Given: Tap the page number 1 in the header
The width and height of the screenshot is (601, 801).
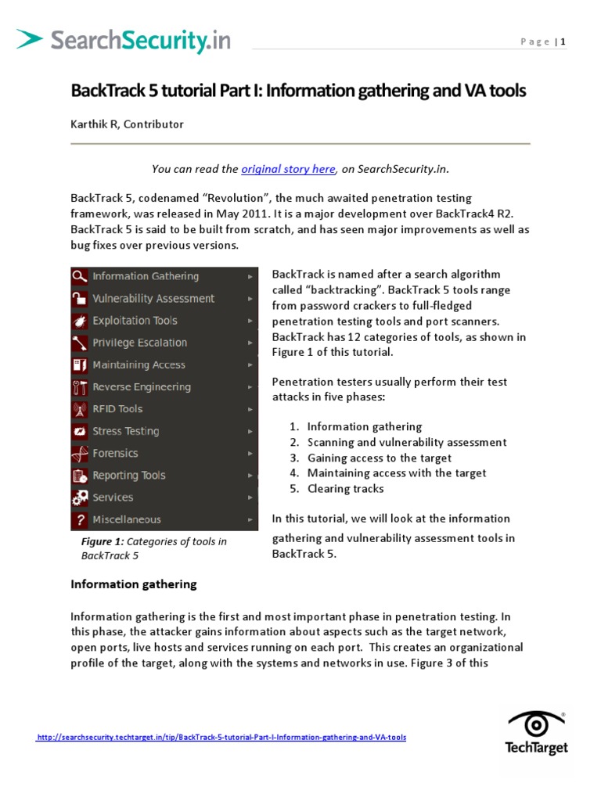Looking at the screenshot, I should [562, 42].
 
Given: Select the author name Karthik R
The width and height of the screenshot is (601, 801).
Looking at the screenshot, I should [95, 124].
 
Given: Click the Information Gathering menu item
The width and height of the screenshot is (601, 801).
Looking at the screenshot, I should [146, 276].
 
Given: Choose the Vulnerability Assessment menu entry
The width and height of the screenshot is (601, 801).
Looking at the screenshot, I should [153, 298].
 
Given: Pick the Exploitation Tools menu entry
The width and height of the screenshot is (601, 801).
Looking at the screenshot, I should [135, 321].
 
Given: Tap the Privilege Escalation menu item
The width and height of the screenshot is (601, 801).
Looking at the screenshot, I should [139, 343].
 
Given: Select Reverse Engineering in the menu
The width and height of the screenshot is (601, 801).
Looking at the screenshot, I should [141, 387].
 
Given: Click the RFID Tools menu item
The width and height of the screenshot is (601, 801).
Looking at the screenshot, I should [117, 409].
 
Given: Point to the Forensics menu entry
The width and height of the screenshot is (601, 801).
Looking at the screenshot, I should [115, 454].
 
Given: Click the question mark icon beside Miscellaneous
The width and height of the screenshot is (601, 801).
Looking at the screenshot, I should [79, 520].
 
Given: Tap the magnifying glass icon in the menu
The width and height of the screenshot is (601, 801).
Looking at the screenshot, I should [79, 276].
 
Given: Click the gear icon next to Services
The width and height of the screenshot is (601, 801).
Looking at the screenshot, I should [79, 497].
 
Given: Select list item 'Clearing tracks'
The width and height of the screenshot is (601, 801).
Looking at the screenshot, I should [345, 489].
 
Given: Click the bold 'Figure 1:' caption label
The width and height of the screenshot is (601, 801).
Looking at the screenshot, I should [103, 542].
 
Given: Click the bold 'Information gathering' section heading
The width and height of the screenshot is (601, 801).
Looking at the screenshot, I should [134, 584].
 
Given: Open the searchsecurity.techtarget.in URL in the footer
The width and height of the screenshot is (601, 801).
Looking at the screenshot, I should [221, 738].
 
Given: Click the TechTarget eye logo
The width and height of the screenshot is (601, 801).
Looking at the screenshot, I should [536, 724].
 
